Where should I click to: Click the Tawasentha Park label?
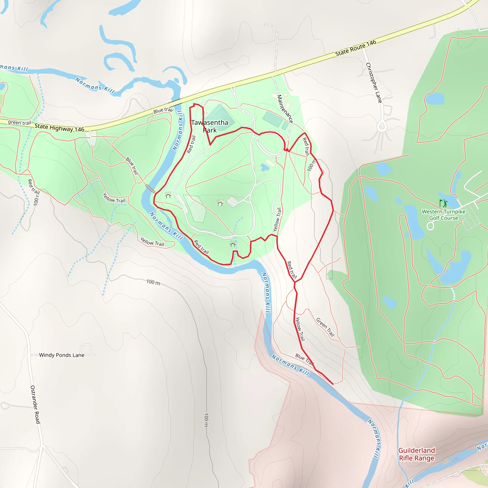tap(210, 126)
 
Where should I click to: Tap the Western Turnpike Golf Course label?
tap(443, 215)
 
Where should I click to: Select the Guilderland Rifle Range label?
tap(417, 454)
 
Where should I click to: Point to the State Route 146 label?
tap(356, 48)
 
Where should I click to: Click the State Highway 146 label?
tap(59, 128)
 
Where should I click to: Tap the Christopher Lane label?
tap(374, 83)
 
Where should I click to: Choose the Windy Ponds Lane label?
tap(62, 355)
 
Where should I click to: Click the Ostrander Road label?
tap(35, 404)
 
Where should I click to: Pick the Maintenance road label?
tap(285, 109)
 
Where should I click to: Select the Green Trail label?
tap(325, 327)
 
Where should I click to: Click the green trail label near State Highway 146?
tap(20, 123)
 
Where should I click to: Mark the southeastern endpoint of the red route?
tap(333, 384)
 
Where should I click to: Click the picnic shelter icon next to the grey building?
tap(220, 203)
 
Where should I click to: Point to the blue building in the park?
tap(265, 167)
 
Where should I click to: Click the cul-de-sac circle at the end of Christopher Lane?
tap(382, 126)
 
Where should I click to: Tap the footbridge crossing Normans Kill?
tap(150, 188)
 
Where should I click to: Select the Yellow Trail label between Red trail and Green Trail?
tap(300, 329)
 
